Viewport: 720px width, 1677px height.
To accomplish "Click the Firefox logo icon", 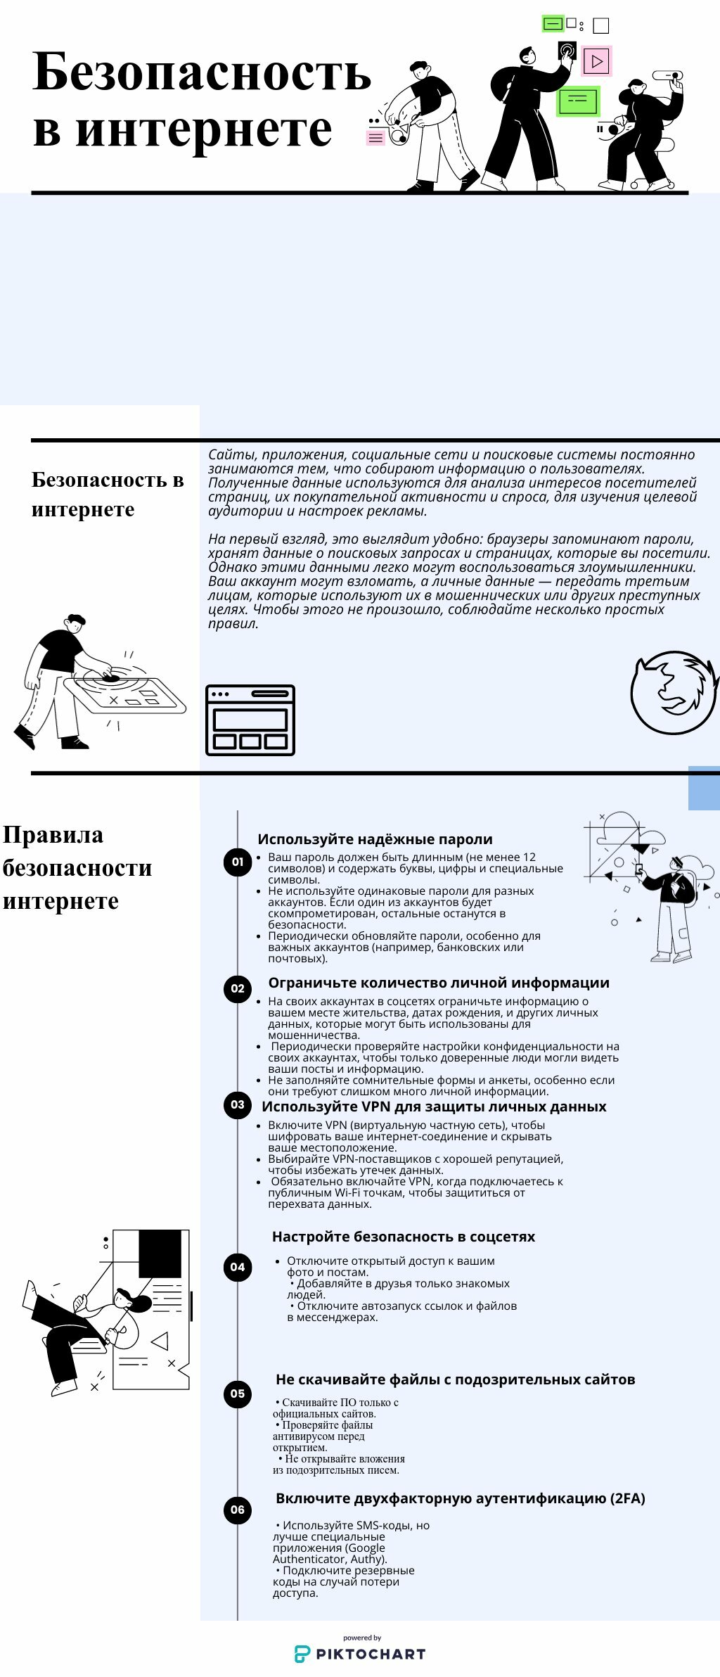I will tap(673, 692).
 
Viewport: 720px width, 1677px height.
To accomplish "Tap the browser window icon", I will tap(250, 720).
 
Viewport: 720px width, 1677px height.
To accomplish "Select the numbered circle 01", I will tap(238, 862).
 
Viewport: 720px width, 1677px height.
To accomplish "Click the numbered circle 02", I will tap(238, 988).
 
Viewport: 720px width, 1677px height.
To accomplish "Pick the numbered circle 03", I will tap(238, 1104).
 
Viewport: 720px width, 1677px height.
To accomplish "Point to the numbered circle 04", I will tap(238, 1267).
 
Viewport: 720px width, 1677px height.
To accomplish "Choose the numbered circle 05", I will tap(238, 1394).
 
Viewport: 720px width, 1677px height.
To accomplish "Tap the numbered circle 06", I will tap(238, 1510).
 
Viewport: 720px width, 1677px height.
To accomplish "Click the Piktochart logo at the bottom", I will tap(360, 1653).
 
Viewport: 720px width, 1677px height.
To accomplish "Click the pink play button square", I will tap(597, 61).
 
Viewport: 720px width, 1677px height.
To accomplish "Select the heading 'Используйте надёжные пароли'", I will tap(375, 839).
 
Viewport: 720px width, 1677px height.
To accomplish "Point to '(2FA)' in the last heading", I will tap(627, 1498).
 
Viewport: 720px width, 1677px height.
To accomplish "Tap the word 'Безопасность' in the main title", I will tap(202, 72).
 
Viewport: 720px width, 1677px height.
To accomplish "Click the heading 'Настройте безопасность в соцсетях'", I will tap(404, 1237).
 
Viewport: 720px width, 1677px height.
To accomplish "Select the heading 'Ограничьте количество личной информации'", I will tap(439, 983).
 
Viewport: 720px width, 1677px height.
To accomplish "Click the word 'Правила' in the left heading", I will tap(53, 835).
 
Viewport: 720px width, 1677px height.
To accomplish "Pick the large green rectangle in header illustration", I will tap(578, 101).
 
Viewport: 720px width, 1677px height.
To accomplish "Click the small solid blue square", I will tap(703, 788).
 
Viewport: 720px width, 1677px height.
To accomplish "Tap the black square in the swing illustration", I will tap(160, 1254).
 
